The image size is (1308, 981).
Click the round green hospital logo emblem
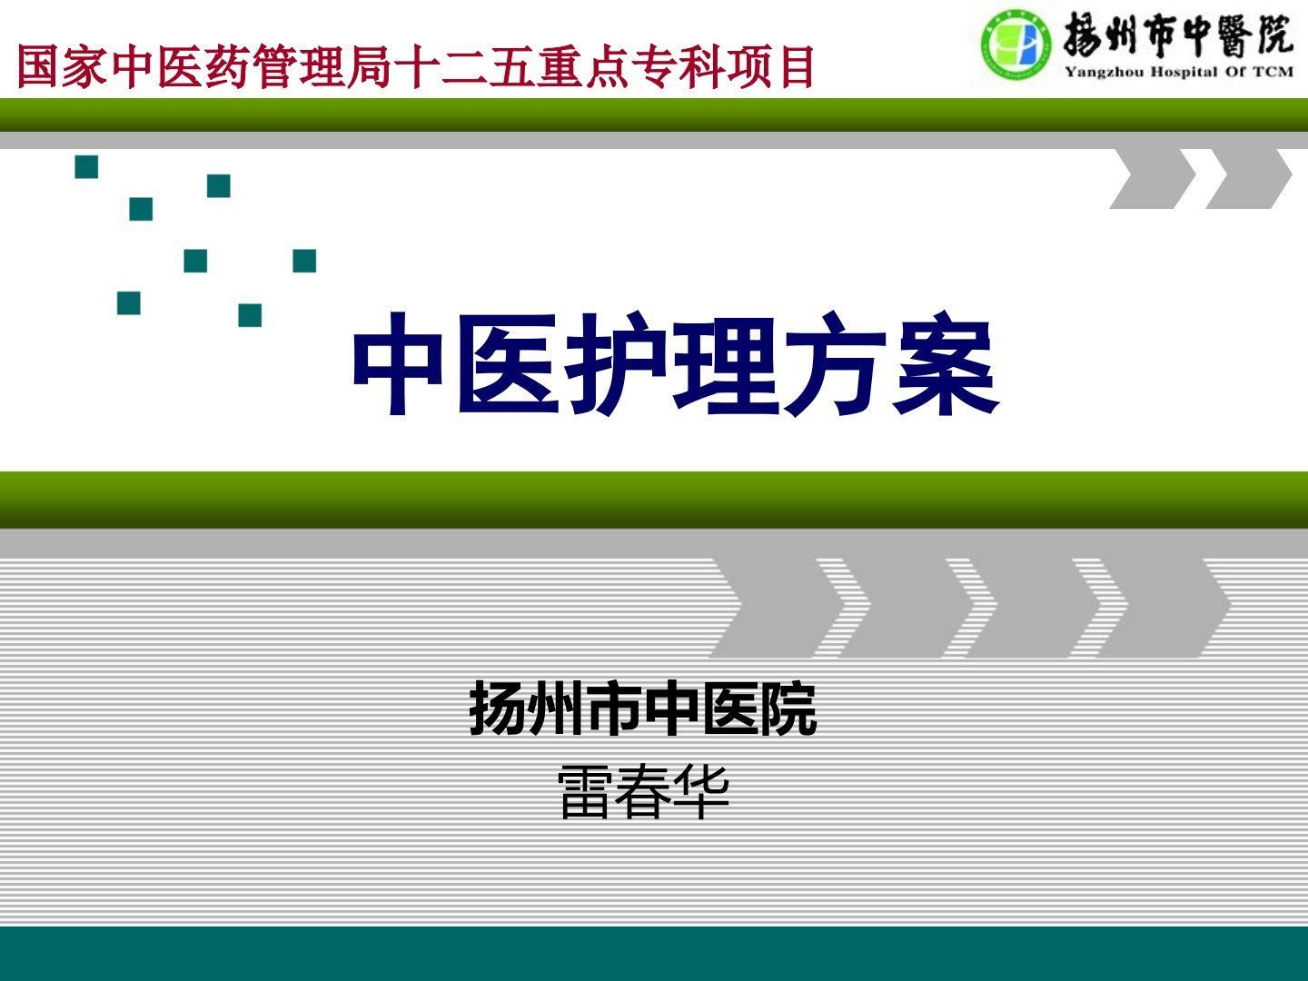tap(1016, 45)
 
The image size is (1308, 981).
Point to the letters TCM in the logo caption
tap(1273, 72)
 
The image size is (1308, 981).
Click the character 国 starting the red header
tap(38, 66)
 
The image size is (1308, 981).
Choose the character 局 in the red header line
tap(369, 66)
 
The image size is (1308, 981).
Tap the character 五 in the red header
tap(510, 66)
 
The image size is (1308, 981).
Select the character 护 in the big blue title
tap(618, 362)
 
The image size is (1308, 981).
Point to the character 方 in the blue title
tap(835, 362)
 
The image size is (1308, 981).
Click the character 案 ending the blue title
tap(945, 362)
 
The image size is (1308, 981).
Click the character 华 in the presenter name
tap(700, 793)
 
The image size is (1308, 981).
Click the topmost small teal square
tap(86, 167)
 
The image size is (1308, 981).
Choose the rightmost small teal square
tap(304, 261)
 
